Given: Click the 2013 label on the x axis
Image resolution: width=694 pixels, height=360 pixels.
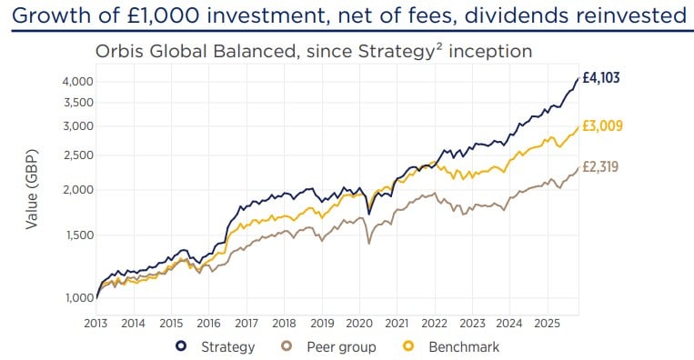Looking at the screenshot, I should click(96, 323).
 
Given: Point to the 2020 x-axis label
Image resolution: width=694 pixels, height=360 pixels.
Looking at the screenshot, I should click(359, 323).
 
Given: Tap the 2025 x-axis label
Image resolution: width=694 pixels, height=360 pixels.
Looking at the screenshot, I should click(548, 323).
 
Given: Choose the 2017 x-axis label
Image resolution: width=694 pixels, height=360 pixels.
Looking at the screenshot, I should click(246, 323).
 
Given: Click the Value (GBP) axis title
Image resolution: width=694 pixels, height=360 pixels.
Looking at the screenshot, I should click(32, 185).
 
